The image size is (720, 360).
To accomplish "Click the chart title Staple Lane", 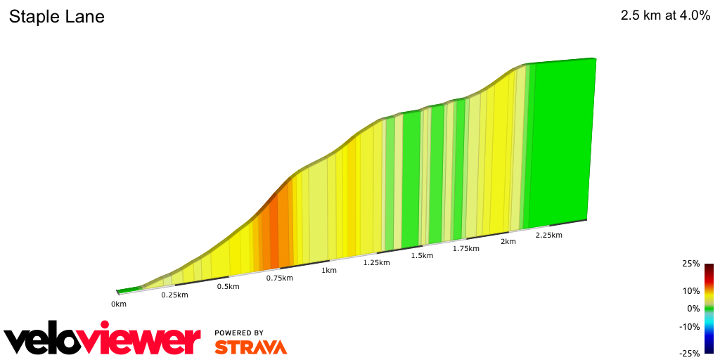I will click(x=57, y=17).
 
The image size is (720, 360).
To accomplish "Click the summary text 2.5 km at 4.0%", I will click(x=665, y=16).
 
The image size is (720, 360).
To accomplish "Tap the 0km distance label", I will click(x=119, y=304).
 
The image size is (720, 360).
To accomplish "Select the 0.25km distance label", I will click(x=174, y=295).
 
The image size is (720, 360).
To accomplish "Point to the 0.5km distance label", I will click(x=228, y=286).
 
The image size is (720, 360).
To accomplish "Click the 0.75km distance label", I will click(x=279, y=278).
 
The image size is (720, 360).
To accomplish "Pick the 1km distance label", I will click(x=328, y=270).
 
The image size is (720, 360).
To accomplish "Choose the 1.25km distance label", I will click(x=376, y=262).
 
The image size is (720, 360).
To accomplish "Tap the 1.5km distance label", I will click(x=422, y=255).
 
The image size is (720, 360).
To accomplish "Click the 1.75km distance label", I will click(x=465, y=248).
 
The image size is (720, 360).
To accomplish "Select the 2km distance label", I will click(x=508, y=241).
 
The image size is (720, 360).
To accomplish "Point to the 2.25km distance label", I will click(x=548, y=235).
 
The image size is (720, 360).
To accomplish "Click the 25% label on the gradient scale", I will click(x=691, y=264).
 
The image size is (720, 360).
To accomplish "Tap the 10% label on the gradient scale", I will click(x=691, y=290).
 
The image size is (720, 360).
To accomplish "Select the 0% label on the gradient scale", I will click(x=693, y=308).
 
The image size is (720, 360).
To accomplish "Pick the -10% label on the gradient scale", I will click(x=690, y=326).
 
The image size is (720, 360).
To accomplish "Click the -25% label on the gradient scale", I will click(x=690, y=353).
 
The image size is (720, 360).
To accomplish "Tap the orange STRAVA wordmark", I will click(x=250, y=347).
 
